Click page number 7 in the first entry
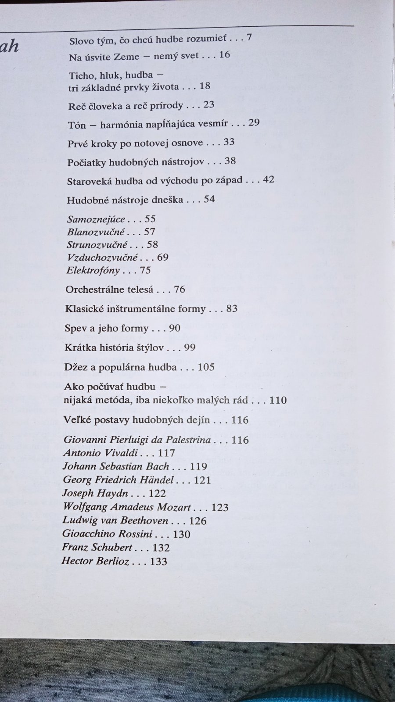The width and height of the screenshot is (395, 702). coord(249,37)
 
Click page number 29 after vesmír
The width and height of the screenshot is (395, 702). coord(254,122)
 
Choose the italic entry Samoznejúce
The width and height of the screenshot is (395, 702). coord(96,219)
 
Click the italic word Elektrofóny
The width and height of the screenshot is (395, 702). coord(93,270)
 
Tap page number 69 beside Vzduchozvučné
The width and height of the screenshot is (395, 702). coord(162,257)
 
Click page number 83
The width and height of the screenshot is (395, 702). coord(232,308)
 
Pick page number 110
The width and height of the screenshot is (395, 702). coord(278,400)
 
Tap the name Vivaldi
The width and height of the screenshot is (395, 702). coord(120,453)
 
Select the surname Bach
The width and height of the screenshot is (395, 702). coord(158,466)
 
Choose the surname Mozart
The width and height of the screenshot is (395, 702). coord(174,507)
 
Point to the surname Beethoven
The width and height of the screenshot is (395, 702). coord(144,521)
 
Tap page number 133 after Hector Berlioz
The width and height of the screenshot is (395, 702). coord(158,562)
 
